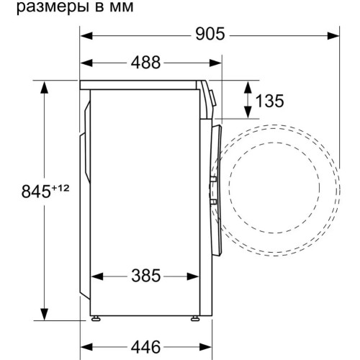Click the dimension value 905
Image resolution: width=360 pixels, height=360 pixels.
tap(210, 35)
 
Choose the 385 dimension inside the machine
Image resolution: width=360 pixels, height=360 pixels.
tap(146, 276)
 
